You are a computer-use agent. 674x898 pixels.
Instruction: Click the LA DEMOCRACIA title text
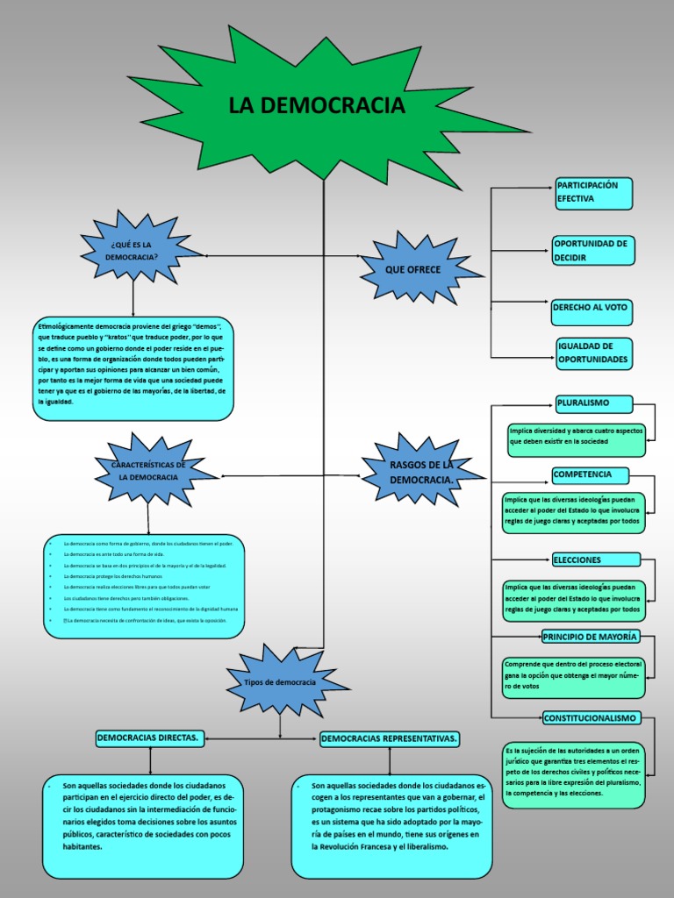[x=317, y=106]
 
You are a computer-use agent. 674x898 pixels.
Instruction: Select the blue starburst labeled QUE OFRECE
[x=413, y=269]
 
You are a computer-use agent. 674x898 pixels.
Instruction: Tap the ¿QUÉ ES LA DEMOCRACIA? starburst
[x=133, y=250]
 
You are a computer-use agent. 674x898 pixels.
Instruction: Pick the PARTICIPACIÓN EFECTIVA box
[x=593, y=193]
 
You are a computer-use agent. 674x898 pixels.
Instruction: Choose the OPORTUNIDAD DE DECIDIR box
[x=592, y=251]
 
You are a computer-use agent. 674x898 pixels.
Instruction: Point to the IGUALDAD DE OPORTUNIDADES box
[x=594, y=353]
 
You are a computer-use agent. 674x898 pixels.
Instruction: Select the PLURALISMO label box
[x=594, y=403]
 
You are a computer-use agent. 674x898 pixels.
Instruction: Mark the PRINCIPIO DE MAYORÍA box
[x=591, y=637]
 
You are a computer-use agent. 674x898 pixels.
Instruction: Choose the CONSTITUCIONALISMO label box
[x=591, y=717]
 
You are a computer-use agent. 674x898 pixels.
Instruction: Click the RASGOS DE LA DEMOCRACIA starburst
[x=421, y=474]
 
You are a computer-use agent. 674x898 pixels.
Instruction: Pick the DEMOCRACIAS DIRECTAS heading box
[x=150, y=739]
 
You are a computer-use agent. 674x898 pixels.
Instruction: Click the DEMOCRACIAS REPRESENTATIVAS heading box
[x=390, y=739]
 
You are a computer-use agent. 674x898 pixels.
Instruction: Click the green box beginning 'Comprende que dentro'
[x=573, y=674]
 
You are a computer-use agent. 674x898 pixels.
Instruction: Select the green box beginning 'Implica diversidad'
[x=576, y=436]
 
